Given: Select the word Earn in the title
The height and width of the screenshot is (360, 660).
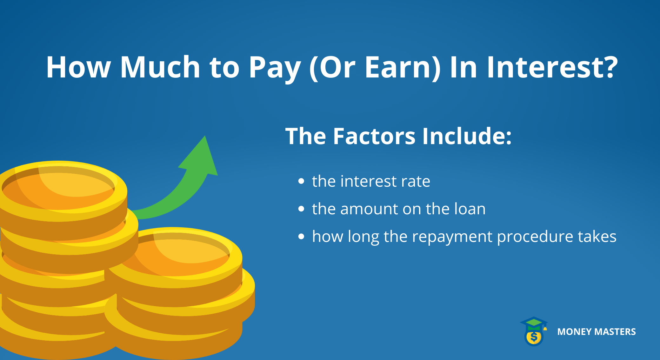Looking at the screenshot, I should pos(399,67).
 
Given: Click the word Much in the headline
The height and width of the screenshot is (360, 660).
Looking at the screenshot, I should pos(160,67).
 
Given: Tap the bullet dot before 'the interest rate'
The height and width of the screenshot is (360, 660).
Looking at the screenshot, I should pos(301,182).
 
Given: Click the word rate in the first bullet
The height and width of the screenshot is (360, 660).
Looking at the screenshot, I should pos(415,182).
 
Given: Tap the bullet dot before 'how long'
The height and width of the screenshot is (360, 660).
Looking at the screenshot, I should pos(301,237).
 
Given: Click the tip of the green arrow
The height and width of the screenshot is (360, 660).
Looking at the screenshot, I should pos(205,137).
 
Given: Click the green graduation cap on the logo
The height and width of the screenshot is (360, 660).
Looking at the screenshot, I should pos(534,323).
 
